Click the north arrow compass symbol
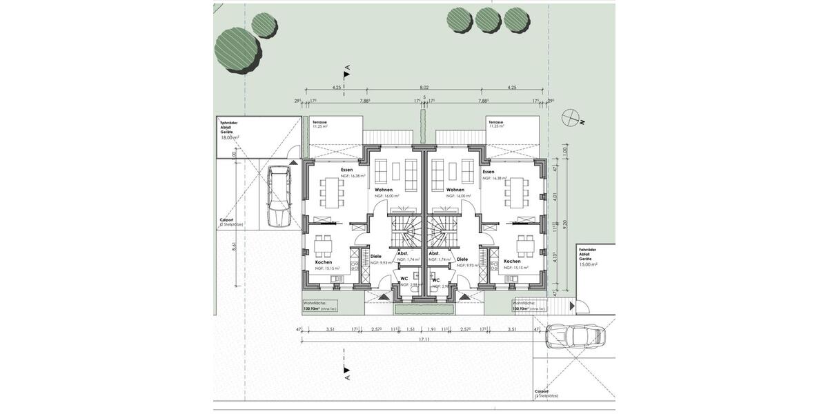(x=571, y=118)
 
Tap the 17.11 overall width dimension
(x=424, y=340)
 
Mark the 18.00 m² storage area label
(x=229, y=137)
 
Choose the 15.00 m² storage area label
(x=588, y=264)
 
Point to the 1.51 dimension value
(x=411, y=331)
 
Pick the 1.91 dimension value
(x=433, y=331)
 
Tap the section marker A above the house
(x=347, y=69)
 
